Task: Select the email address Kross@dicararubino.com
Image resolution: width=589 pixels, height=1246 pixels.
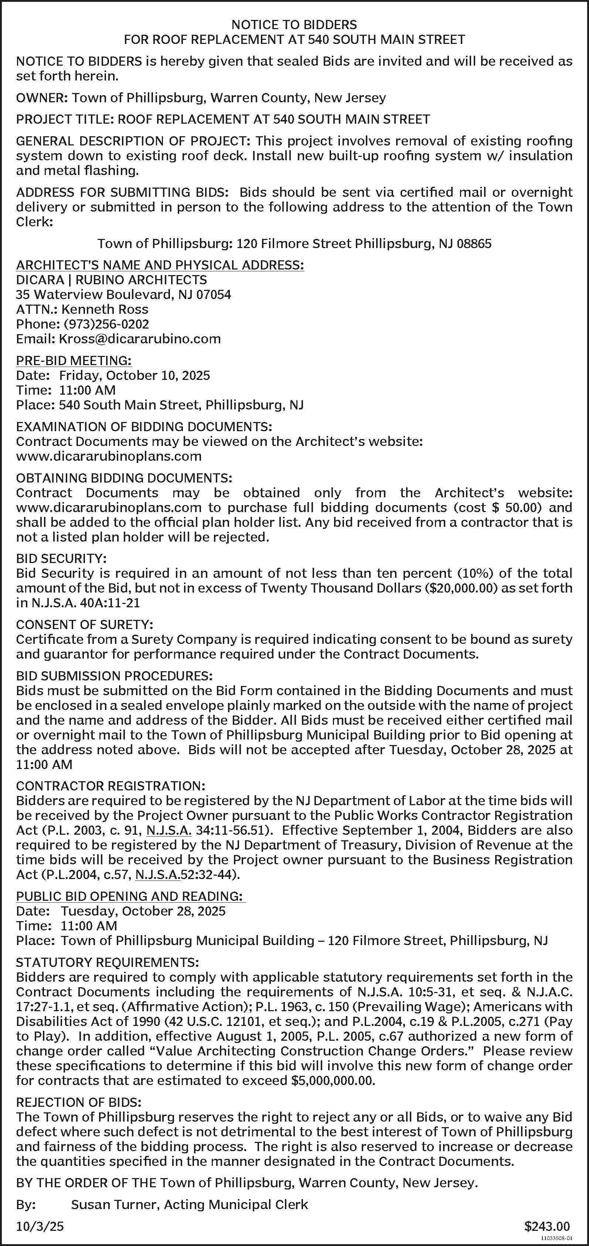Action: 139,339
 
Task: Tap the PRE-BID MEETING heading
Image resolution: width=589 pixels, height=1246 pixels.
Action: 74,361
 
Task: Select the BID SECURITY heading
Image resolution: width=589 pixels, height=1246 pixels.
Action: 61,559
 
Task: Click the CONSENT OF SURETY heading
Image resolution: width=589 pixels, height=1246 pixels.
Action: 84,624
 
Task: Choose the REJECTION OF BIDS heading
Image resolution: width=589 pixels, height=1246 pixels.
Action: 78,1103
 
